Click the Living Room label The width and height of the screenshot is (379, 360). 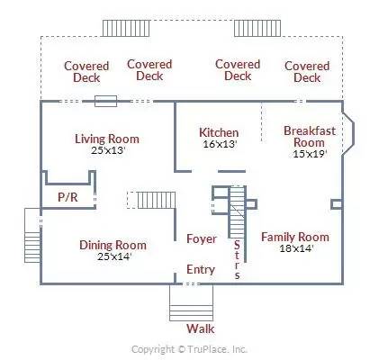[x=107, y=139]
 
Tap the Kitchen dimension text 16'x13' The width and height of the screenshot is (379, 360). [x=221, y=144]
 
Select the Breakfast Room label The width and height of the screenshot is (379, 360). [x=310, y=137]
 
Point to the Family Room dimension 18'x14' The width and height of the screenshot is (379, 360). [x=296, y=248]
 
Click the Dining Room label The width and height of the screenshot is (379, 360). [x=113, y=245]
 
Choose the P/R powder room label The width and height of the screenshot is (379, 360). [x=68, y=197]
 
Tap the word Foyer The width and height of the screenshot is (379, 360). [x=202, y=239]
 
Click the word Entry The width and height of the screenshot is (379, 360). [x=201, y=269]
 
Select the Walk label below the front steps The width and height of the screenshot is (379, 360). [x=201, y=328]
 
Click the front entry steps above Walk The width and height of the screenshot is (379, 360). [x=191, y=302]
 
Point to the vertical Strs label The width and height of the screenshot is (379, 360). [x=237, y=260]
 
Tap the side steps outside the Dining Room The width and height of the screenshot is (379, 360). [x=32, y=235]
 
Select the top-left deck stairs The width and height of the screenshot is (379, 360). [x=126, y=28]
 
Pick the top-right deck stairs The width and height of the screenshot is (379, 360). [x=257, y=28]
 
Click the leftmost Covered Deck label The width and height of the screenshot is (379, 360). [x=86, y=72]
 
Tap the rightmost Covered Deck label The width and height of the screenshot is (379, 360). [x=307, y=72]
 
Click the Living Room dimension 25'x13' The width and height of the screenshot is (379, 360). [x=108, y=150]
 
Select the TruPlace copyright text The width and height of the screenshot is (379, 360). [x=189, y=349]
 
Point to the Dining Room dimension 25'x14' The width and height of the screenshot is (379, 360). [x=114, y=256]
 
